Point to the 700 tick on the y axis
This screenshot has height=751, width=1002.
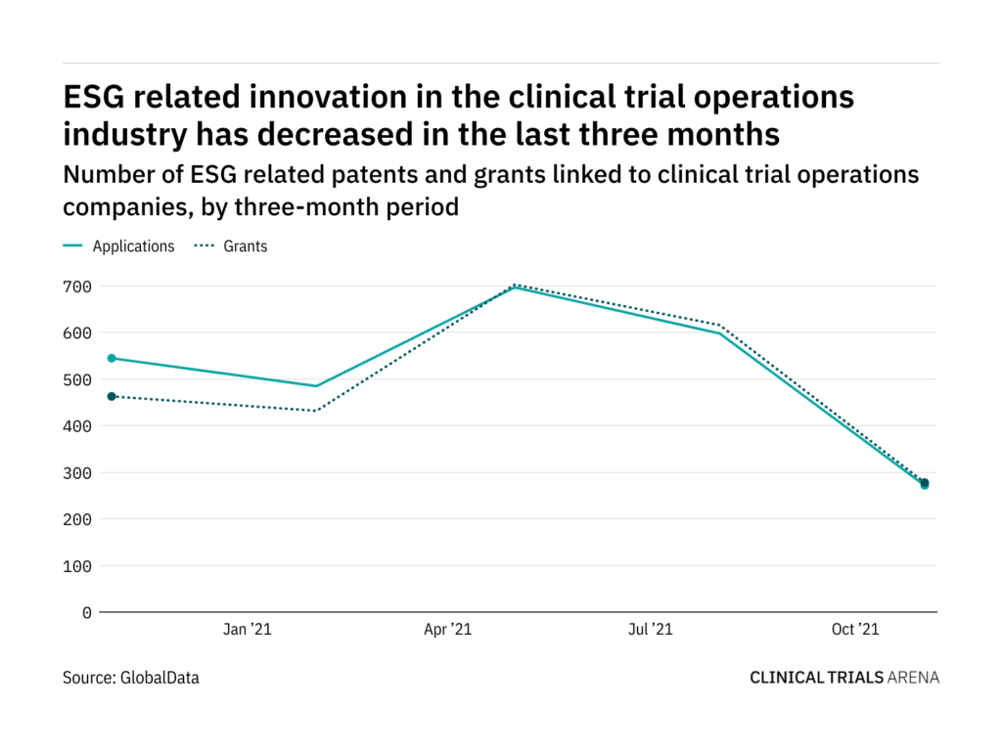tap(79, 287)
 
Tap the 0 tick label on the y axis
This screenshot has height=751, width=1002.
tap(86, 612)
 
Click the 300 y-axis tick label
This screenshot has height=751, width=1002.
tap(79, 472)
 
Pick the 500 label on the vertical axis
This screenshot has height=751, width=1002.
tap(79, 379)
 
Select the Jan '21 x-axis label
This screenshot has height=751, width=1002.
tap(248, 631)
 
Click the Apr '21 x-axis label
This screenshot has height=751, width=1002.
tap(448, 631)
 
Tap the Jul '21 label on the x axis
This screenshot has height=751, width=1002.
tap(649, 631)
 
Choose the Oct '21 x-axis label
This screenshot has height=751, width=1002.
tap(855, 631)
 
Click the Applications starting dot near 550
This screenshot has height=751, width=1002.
tap(112, 358)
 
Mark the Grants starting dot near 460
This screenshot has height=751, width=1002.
tap(112, 396)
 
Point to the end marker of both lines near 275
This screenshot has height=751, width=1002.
tap(925, 483)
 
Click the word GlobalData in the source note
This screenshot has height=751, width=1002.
tap(159, 677)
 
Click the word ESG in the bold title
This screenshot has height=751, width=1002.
tap(97, 98)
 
